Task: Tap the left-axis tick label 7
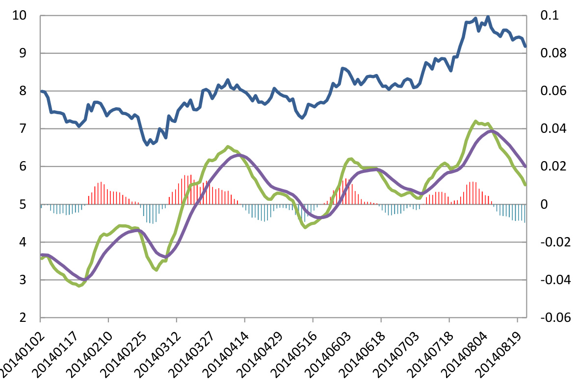(23, 129)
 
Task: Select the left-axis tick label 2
(23, 318)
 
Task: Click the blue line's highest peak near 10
(488, 17)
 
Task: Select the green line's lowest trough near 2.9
(79, 286)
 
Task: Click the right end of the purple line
(525, 167)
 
